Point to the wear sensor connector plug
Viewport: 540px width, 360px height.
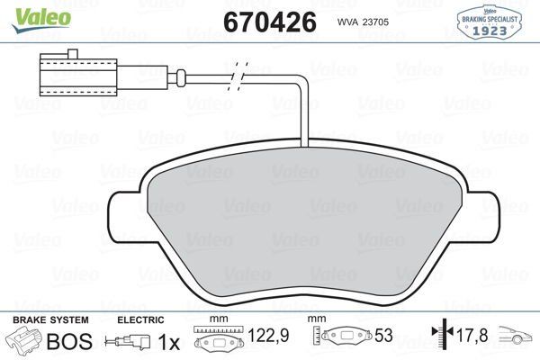click(x=62, y=75)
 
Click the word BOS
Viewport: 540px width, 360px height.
click(x=69, y=341)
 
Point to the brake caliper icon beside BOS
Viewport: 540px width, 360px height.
click(x=24, y=341)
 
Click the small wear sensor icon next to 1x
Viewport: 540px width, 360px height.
click(x=125, y=342)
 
